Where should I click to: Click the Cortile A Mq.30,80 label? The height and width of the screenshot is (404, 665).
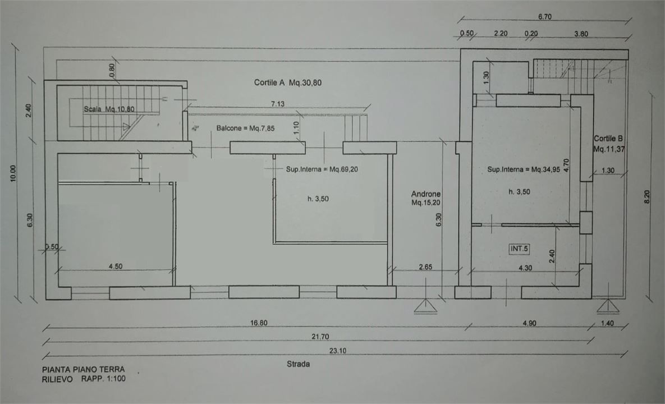point(287,82)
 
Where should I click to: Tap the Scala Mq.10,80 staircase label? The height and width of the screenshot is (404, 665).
point(109,109)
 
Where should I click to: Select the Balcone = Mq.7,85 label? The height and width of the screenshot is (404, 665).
point(245,128)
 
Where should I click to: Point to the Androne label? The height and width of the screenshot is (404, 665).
point(425,194)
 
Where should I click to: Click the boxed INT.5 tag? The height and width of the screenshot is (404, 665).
point(519,249)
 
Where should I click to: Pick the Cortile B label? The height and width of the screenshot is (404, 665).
point(608,139)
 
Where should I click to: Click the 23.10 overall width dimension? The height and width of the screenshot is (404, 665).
point(338,351)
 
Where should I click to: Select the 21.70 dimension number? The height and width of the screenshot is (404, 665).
point(320,337)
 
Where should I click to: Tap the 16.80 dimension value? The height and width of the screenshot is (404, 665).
point(259,323)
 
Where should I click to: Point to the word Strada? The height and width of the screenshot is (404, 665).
point(298,364)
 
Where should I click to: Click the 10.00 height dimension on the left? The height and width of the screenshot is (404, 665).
point(13,173)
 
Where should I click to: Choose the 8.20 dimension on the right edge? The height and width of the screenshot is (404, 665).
point(647,197)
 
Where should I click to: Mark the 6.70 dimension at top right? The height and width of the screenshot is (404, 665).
point(545,17)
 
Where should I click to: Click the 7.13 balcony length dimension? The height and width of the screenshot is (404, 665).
point(278,104)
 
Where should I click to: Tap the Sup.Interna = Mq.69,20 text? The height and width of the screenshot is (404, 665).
point(322,169)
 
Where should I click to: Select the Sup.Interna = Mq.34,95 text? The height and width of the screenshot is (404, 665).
point(524,169)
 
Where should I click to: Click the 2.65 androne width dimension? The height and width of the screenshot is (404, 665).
point(425,267)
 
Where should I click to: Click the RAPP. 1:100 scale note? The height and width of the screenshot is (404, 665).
point(103,379)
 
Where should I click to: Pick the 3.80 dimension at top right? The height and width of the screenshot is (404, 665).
point(581,34)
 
